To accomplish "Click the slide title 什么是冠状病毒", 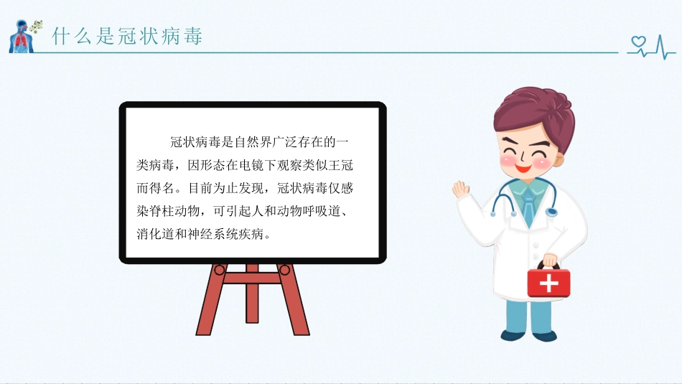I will (127, 36).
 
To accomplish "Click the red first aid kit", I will (548, 283).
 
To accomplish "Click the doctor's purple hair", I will (531, 115).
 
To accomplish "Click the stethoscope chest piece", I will (551, 212).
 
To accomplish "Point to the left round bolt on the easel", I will (220, 270).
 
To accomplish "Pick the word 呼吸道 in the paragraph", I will (315, 212).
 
